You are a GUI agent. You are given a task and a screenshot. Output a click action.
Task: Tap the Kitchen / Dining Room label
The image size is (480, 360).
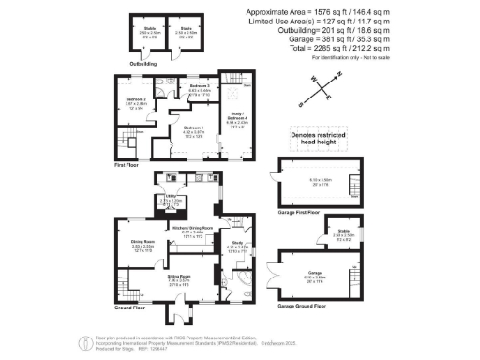coord(193,228)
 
